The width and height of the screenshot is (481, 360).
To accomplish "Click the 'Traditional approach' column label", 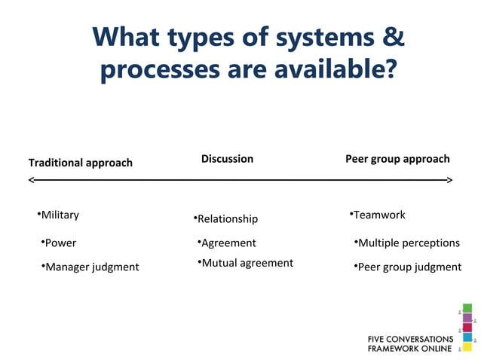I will coord(80,163).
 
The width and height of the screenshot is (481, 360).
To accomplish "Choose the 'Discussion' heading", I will coord(227,159).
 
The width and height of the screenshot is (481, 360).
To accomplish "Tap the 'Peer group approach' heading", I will coord(397,159).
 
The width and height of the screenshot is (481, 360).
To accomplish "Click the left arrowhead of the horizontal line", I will coord(32,180).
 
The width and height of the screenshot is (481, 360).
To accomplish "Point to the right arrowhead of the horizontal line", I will coord(449,180).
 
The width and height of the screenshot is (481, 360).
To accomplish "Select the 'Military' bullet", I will coord(60,215).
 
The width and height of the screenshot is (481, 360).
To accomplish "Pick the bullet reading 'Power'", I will coord(60,243).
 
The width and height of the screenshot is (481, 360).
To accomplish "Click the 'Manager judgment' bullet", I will coord(92,267).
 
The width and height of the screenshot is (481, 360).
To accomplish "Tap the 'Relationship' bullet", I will coord(227,218).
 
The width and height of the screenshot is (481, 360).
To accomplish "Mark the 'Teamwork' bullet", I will coord(379,215).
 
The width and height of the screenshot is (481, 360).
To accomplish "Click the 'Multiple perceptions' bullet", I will coord(409,243).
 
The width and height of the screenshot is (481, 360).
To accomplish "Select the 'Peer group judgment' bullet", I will coord(409,267).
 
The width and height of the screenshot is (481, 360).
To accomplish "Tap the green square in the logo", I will coord(467,307).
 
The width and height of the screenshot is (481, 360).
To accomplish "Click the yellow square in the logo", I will coord(467,347).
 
